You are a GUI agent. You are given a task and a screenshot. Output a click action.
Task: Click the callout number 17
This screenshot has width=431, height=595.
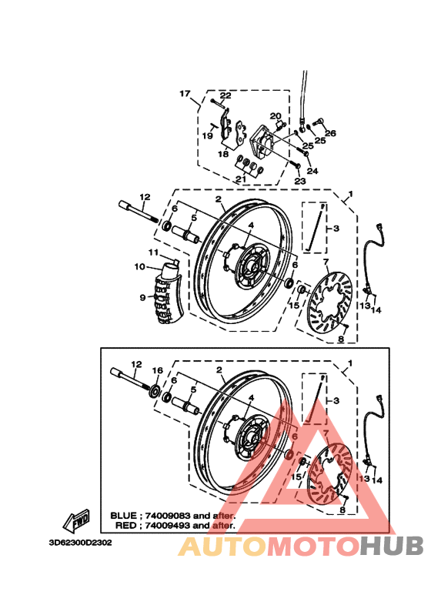[185, 94]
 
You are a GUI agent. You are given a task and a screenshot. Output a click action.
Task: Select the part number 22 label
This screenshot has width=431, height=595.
[226, 95]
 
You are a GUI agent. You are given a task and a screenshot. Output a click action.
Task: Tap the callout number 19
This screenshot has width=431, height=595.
[207, 135]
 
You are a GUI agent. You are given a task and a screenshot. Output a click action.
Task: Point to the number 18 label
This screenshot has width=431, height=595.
[223, 154]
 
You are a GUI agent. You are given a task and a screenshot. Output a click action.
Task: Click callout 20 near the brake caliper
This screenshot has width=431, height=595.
[275, 116]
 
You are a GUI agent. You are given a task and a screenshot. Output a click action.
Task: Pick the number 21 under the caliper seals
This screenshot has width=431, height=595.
[241, 179]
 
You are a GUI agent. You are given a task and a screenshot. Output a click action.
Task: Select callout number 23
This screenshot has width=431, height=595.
[299, 181]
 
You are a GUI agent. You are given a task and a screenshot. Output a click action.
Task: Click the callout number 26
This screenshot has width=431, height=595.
[329, 133]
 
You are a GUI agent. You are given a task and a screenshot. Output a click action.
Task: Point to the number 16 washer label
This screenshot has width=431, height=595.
[158, 371]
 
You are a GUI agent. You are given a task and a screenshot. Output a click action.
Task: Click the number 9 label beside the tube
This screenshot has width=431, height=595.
[142, 297]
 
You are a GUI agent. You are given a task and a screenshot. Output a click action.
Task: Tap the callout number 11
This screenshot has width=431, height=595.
[153, 252]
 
